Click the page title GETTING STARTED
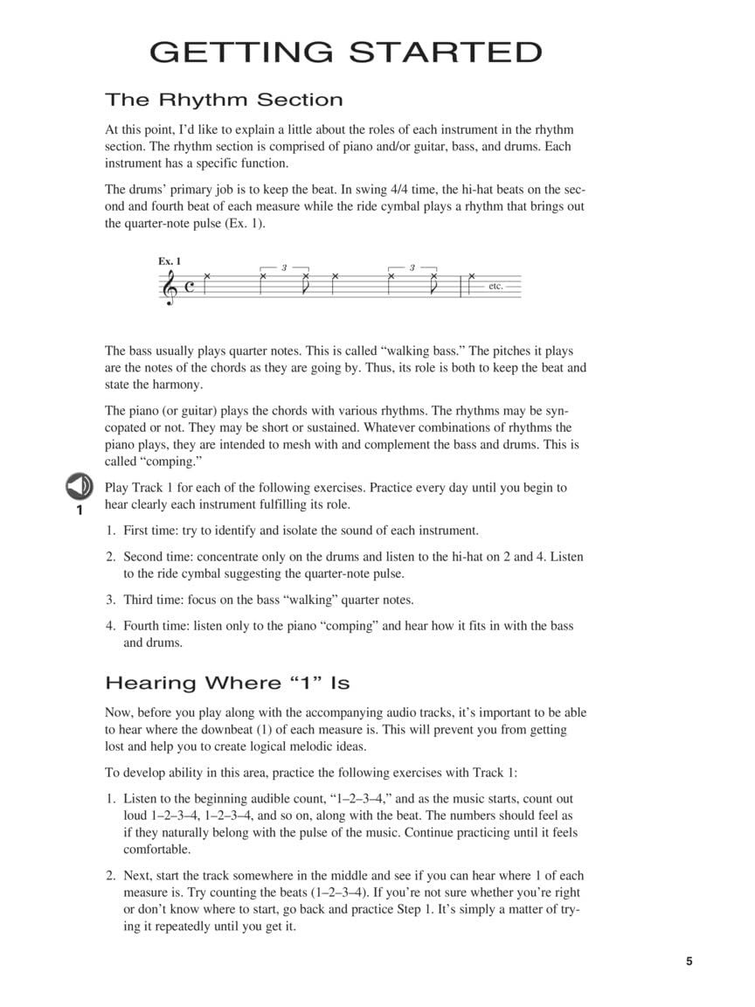coord(346,52)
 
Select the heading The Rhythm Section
coord(224,100)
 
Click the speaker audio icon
coord(79,485)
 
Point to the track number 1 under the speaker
coord(79,510)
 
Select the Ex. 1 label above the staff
coord(170,261)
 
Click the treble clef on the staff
coord(169,287)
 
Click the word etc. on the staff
coord(495,287)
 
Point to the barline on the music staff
coord(461,287)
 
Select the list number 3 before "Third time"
coord(111,601)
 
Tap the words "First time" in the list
coord(149,531)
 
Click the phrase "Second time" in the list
coord(157,557)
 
